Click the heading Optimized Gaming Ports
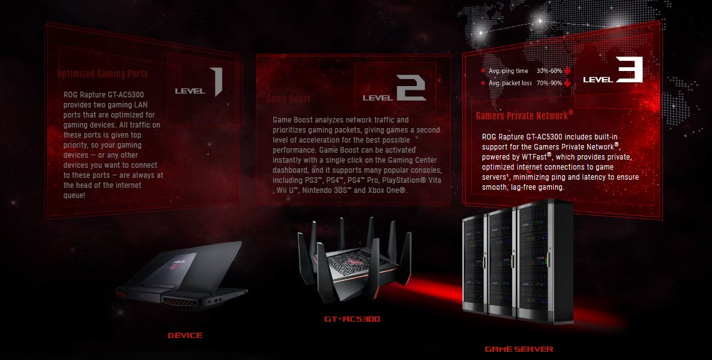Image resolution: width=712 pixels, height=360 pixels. (102, 74)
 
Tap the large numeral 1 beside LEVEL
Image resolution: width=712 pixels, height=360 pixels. (217, 82)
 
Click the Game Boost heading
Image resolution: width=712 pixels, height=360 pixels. (288, 99)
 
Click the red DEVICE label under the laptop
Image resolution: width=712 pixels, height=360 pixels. (185, 335)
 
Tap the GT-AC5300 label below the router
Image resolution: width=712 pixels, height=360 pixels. (352, 319)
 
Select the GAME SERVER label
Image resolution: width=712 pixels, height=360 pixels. (519, 349)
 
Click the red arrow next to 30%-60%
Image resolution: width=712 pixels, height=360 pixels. (567, 71)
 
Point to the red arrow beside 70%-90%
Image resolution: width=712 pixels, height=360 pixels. (567, 82)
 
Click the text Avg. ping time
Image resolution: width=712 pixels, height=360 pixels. (509, 71)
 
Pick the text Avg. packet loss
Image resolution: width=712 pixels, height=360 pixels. (510, 83)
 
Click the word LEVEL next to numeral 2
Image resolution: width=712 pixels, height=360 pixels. (378, 97)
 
